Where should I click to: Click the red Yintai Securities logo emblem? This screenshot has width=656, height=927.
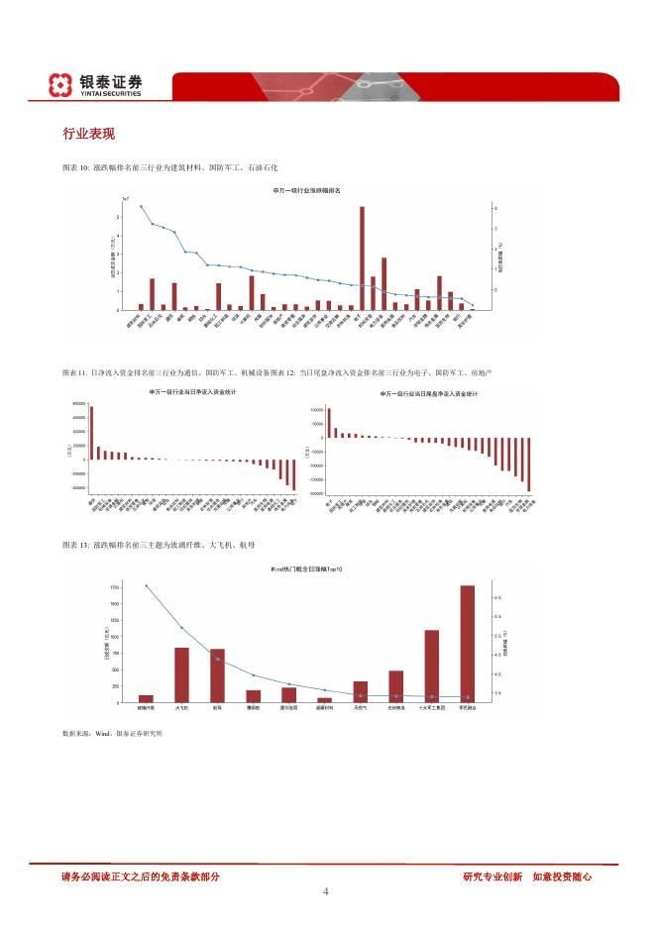[x=61, y=85]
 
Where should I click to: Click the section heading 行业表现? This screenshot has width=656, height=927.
[x=89, y=134]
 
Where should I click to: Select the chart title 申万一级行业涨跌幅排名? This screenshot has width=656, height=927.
[x=306, y=189]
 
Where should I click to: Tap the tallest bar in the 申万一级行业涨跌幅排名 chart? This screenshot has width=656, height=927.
[x=362, y=257]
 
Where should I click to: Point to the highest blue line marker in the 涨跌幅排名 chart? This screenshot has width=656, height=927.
[x=141, y=207]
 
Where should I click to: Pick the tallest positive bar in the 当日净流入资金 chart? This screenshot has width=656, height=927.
[x=91, y=433]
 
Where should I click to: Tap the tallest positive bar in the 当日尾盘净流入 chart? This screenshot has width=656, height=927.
[x=328, y=422]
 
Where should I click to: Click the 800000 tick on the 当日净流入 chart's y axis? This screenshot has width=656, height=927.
[x=78, y=405]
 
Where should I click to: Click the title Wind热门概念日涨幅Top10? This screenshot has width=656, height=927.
[x=307, y=570]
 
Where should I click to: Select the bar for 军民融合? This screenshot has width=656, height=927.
[x=467, y=643]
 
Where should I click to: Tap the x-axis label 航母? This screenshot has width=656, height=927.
[x=217, y=709]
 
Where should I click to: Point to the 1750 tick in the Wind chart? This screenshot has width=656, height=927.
[x=115, y=586]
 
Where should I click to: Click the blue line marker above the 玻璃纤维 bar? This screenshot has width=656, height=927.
[x=147, y=586]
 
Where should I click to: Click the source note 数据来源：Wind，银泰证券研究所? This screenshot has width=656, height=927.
[x=112, y=734]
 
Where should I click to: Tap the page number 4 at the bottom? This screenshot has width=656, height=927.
[x=326, y=892]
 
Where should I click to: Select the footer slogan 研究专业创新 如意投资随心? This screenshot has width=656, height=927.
[x=527, y=875]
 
